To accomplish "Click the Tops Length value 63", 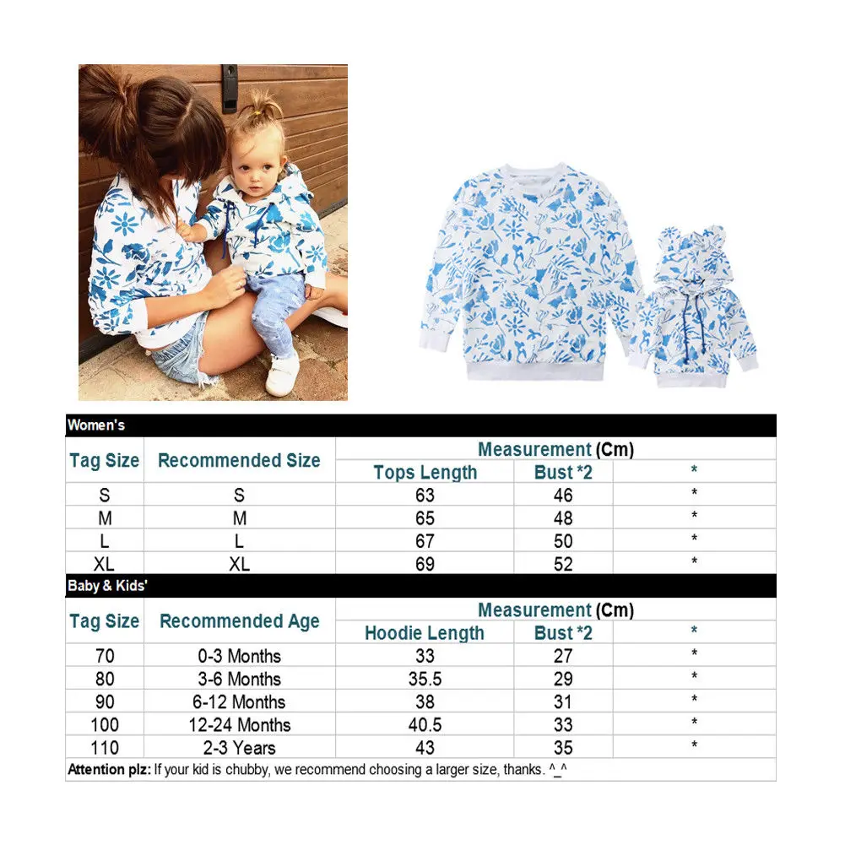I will click(425, 496).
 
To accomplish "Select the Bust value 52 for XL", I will click(563, 564).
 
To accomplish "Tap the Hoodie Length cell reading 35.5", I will click(425, 679).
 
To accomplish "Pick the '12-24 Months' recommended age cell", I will click(239, 724).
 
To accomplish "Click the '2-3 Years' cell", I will click(239, 747).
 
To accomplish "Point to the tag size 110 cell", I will click(104, 747).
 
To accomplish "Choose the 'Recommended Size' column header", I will click(239, 461).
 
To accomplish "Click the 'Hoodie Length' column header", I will click(425, 633).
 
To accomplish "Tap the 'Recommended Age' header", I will click(239, 622).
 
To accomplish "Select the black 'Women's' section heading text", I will click(96, 425).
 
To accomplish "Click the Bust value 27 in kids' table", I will click(563, 656).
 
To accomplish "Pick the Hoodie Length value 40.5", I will click(425, 724).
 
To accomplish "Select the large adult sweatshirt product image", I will click(528, 270).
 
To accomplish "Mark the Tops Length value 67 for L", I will click(425, 541).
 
